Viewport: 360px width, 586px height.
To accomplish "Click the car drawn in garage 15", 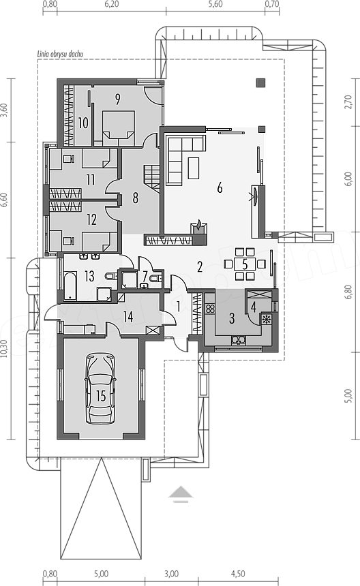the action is [x=100, y=389].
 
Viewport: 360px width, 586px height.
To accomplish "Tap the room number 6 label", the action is [x=220, y=187].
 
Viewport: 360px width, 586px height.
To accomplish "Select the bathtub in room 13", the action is [x=70, y=287].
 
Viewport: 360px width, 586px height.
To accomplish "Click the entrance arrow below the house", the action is [x=181, y=493].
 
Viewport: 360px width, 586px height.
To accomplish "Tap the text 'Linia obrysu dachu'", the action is [x=60, y=54].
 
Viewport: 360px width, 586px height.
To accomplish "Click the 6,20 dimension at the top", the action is [x=111, y=4].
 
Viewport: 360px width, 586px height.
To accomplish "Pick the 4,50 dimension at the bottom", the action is [x=238, y=574].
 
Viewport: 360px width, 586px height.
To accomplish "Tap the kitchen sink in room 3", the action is [x=238, y=340].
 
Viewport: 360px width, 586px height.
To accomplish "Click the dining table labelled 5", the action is [x=245, y=264].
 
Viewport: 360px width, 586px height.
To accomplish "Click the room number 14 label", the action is [x=128, y=317].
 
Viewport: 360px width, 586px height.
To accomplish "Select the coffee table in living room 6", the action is [x=193, y=168].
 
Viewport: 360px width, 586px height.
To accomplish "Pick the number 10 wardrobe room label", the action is [x=83, y=123].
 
